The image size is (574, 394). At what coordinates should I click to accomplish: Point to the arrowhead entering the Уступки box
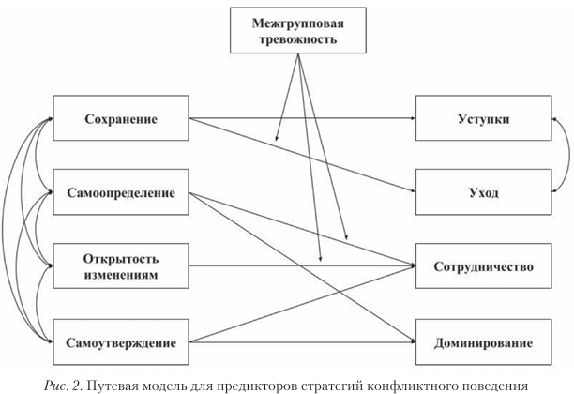pos(413,119)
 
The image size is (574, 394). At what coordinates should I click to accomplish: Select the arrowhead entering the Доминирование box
pos(413,341)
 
